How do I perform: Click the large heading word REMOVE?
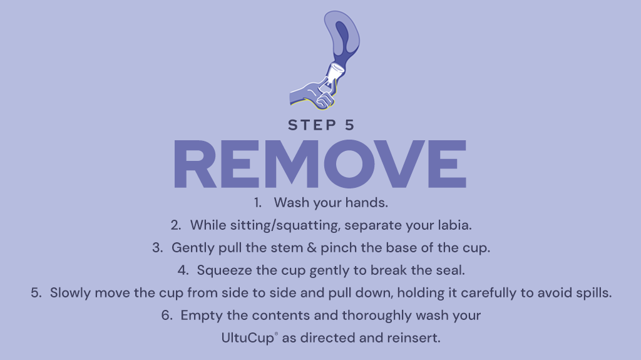(320, 164)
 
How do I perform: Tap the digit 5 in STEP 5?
(349, 125)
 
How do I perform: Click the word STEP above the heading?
(312, 125)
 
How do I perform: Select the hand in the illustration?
(313, 95)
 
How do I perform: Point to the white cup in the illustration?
(336, 74)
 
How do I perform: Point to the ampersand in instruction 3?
(312, 248)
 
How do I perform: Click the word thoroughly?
(377, 316)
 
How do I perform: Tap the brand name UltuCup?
(248, 338)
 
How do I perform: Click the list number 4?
(183, 270)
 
